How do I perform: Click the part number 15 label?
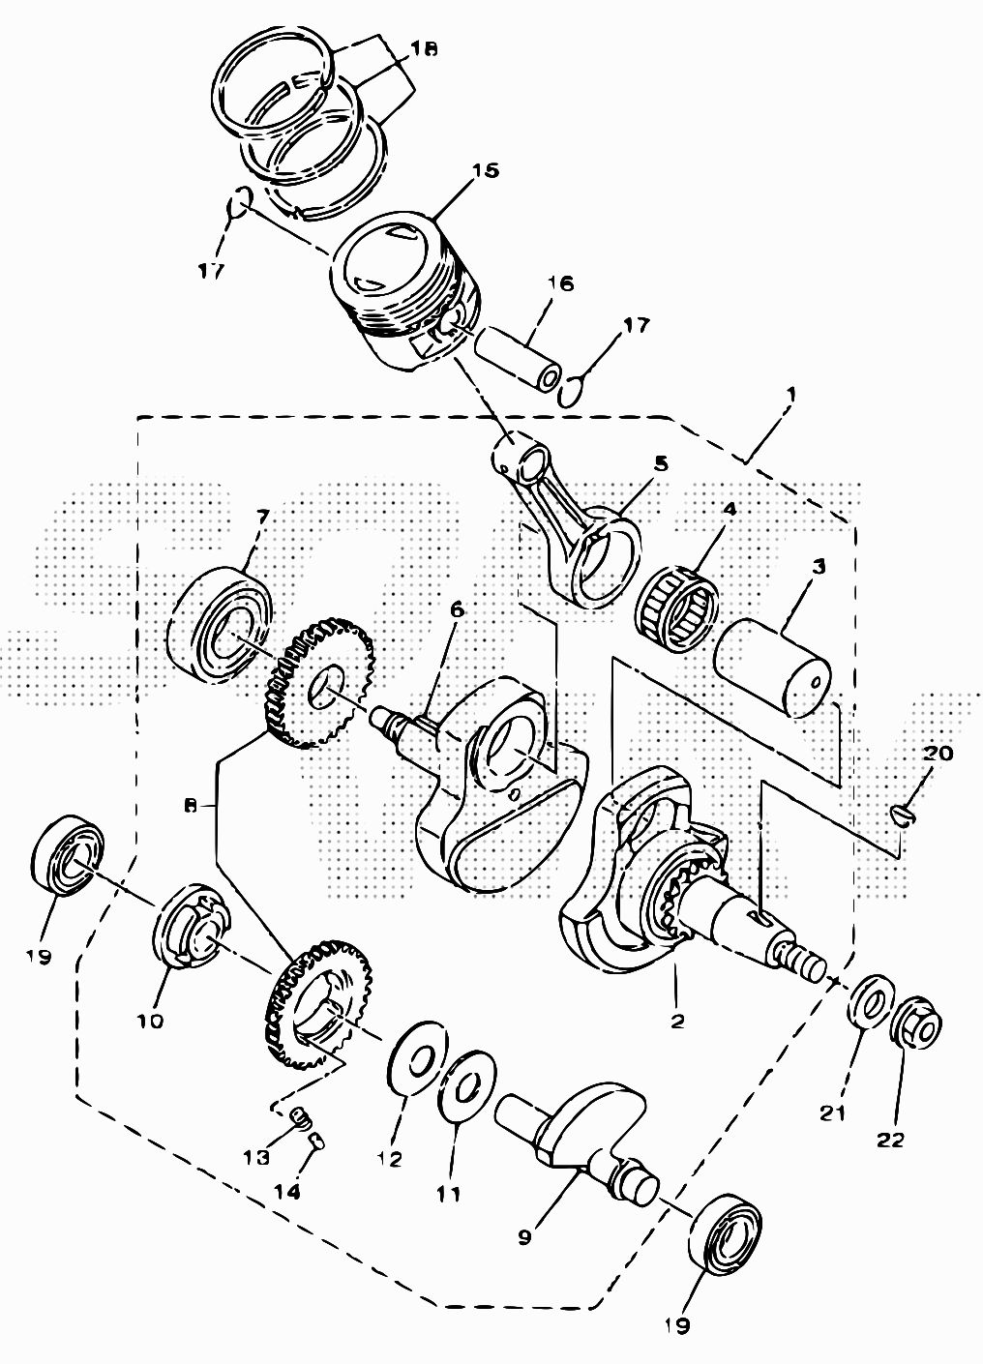point(486,171)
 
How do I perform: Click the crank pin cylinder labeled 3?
point(772,668)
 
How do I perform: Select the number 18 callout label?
point(423,48)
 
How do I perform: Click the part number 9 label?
point(524,1237)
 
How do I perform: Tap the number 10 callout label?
point(151,1021)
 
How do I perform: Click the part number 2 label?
point(676,1021)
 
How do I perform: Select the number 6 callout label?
point(456,610)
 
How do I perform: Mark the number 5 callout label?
point(661,463)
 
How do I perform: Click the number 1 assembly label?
point(790,396)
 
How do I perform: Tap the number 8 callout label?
point(191,805)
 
